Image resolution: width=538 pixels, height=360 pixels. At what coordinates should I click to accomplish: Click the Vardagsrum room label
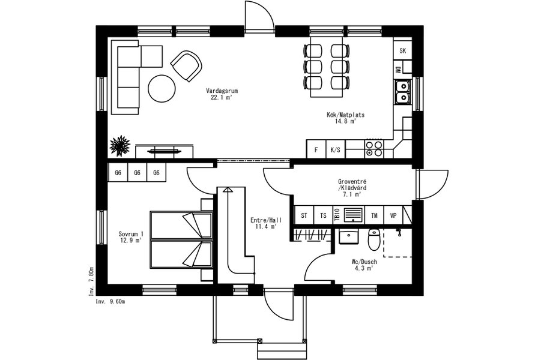pyautogui.click(x=222, y=91)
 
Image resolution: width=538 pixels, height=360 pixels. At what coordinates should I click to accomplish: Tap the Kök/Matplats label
pyautogui.click(x=345, y=115)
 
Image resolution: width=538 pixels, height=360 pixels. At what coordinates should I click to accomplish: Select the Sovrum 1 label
pyautogui.click(x=131, y=234)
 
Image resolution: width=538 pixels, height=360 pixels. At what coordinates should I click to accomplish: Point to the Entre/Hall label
pyautogui.click(x=266, y=220)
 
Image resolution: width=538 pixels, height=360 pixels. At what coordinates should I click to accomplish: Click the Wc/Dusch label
pyautogui.click(x=364, y=262)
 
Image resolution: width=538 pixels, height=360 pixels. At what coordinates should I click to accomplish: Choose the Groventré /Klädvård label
pyautogui.click(x=352, y=185)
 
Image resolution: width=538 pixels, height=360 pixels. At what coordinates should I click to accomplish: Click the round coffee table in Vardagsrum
pyautogui.click(x=162, y=88)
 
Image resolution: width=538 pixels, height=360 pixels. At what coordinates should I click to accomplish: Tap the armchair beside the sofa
pyautogui.click(x=186, y=66)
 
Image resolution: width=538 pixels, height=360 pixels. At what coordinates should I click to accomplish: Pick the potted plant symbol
pyautogui.click(x=119, y=146)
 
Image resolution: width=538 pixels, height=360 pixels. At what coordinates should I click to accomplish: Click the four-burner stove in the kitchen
pyautogui.click(x=374, y=149)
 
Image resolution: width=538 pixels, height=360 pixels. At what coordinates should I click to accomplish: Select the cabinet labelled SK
pyautogui.click(x=403, y=51)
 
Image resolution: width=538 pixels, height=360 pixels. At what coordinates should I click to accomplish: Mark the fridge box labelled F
pyautogui.click(x=316, y=149)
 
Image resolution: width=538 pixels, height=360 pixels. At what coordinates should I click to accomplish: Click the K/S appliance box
pyautogui.click(x=335, y=149)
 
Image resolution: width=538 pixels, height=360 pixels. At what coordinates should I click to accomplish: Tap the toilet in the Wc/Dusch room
pyautogui.click(x=374, y=239)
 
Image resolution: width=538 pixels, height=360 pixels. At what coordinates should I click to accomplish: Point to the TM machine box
pyautogui.click(x=374, y=215)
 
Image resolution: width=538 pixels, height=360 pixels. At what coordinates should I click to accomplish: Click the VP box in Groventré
pyautogui.click(x=393, y=215)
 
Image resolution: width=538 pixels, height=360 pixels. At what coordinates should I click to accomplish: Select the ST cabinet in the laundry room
pyautogui.click(x=304, y=215)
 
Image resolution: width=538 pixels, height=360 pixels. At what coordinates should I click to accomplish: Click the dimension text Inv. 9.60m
pyautogui.click(x=110, y=302)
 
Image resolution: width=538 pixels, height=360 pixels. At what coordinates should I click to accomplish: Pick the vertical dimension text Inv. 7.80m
pyautogui.click(x=91, y=282)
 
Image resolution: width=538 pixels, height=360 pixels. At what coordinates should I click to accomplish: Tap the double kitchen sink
pyautogui.click(x=402, y=92)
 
